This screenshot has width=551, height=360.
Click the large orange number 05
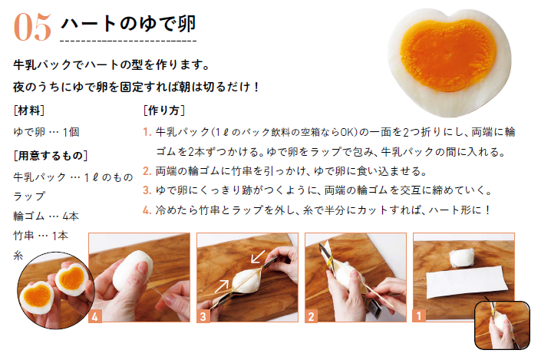(32, 27)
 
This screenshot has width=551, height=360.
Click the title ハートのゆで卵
(128, 24)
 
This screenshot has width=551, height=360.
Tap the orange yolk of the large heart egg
(448, 54)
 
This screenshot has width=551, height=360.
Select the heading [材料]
(29, 111)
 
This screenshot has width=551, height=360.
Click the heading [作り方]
(164, 111)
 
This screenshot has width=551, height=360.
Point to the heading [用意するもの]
(50, 155)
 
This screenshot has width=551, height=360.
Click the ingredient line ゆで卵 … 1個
(46, 132)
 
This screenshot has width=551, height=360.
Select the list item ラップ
(29, 197)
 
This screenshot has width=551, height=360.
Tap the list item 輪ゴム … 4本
(46, 216)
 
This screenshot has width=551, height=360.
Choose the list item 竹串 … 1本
(41, 236)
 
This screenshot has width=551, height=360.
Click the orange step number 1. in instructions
(147, 132)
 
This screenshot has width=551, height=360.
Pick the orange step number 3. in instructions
(147, 190)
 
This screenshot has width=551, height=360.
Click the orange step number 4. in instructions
(147, 210)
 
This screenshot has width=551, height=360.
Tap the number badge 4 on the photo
(95, 316)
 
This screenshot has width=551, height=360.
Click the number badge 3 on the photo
(203, 316)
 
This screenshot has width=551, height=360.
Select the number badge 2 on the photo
(312, 316)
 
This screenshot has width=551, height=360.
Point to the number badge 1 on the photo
(419, 315)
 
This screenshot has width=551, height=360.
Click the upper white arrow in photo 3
(258, 256)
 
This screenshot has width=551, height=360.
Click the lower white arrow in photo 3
(221, 286)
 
